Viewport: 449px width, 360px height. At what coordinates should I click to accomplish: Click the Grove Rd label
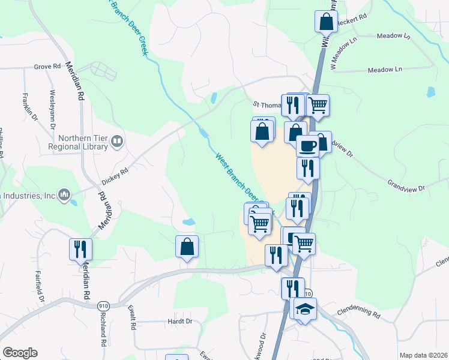point(48,66)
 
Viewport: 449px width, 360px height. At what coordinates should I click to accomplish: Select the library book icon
point(117,142)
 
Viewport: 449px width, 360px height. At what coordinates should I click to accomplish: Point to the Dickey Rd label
point(115,172)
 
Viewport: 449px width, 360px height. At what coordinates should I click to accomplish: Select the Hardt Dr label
point(179,321)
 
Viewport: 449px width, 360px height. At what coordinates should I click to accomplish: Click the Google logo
point(20,353)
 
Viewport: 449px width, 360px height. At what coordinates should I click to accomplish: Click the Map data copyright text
point(423,355)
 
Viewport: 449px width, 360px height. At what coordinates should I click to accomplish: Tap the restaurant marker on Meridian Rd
point(80,248)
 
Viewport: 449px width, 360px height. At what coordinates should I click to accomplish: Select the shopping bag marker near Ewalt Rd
point(187,246)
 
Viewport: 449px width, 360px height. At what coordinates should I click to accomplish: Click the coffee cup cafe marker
point(307,145)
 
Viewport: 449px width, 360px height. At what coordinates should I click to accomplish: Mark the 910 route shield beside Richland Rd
point(103,305)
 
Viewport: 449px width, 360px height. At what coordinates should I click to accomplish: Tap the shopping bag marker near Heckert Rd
point(326,22)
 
